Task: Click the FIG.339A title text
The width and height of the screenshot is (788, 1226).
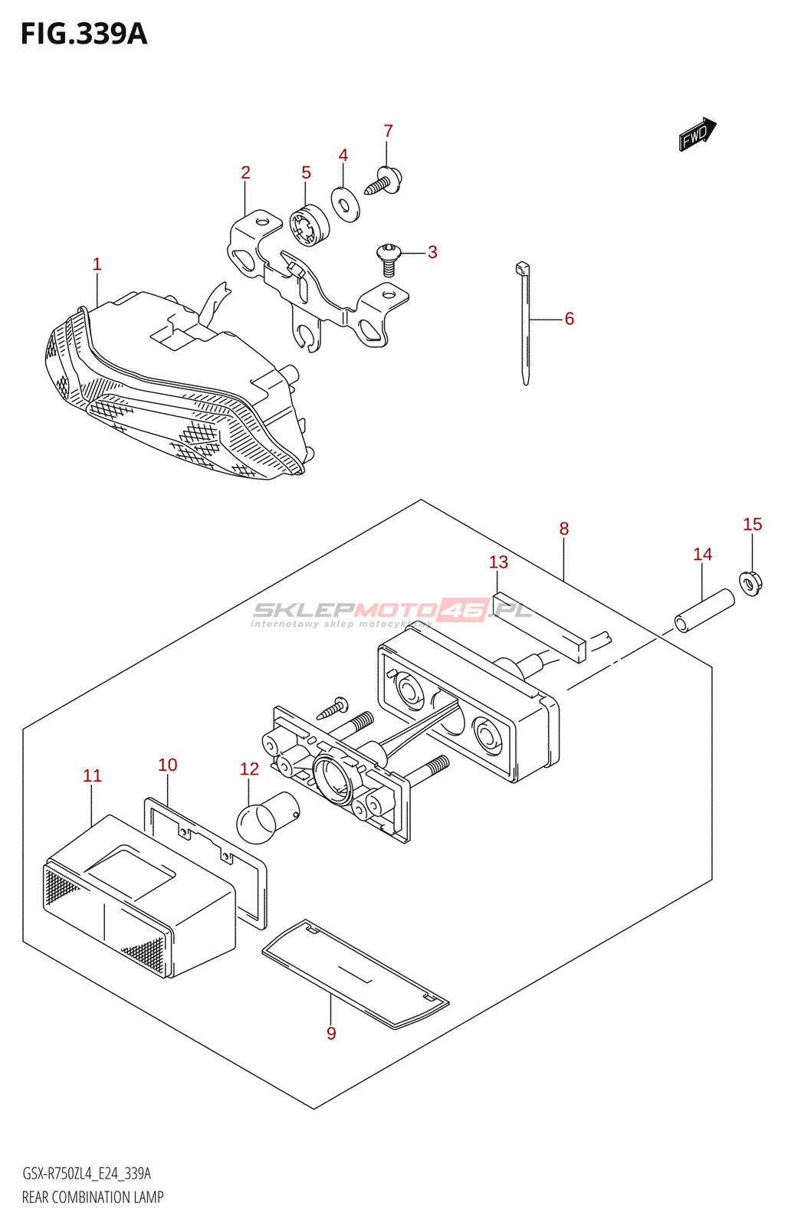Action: [x=84, y=34]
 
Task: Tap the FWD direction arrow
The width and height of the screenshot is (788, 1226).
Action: [x=697, y=134]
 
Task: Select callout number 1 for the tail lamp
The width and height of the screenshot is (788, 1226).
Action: [x=97, y=265]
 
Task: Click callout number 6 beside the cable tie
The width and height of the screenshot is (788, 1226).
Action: [x=569, y=319]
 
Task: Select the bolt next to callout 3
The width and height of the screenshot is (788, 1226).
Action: [x=389, y=257]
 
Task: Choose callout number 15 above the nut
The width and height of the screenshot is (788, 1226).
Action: [x=752, y=525]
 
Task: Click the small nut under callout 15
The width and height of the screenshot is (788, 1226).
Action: [x=751, y=584]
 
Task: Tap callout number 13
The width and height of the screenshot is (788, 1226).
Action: [x=498, y=562]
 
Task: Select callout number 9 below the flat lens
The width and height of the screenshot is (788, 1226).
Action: [x=331, y=1033]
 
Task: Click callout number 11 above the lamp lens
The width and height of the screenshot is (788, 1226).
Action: [x=92, y=776]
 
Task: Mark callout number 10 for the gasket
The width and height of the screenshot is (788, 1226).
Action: [x=167, y=765]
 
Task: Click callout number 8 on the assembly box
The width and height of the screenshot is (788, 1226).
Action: [x=564, y=529]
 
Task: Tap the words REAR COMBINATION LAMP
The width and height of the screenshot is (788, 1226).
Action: [x=93, y=1197]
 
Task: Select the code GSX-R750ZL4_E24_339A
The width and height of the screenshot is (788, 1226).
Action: [x=87, y=1173]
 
